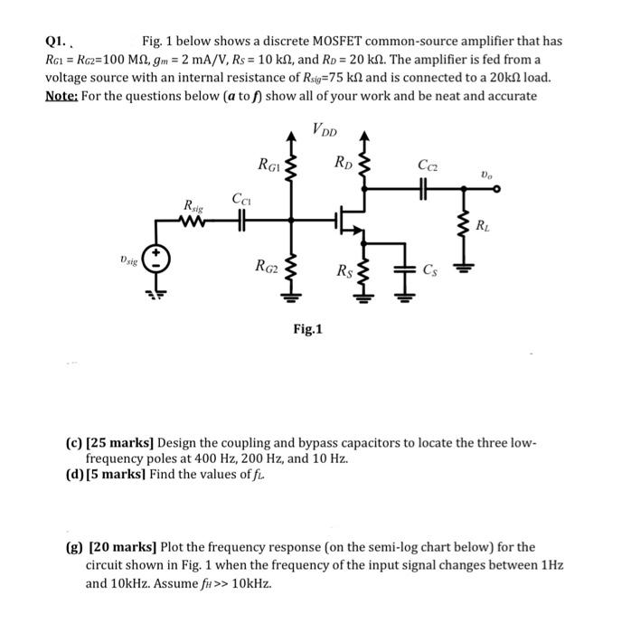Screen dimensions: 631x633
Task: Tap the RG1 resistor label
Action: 268,165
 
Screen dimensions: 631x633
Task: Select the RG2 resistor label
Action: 268,266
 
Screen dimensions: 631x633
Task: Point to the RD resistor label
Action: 344,164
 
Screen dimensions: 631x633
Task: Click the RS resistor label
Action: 344,269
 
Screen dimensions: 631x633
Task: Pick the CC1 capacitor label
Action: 240,198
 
